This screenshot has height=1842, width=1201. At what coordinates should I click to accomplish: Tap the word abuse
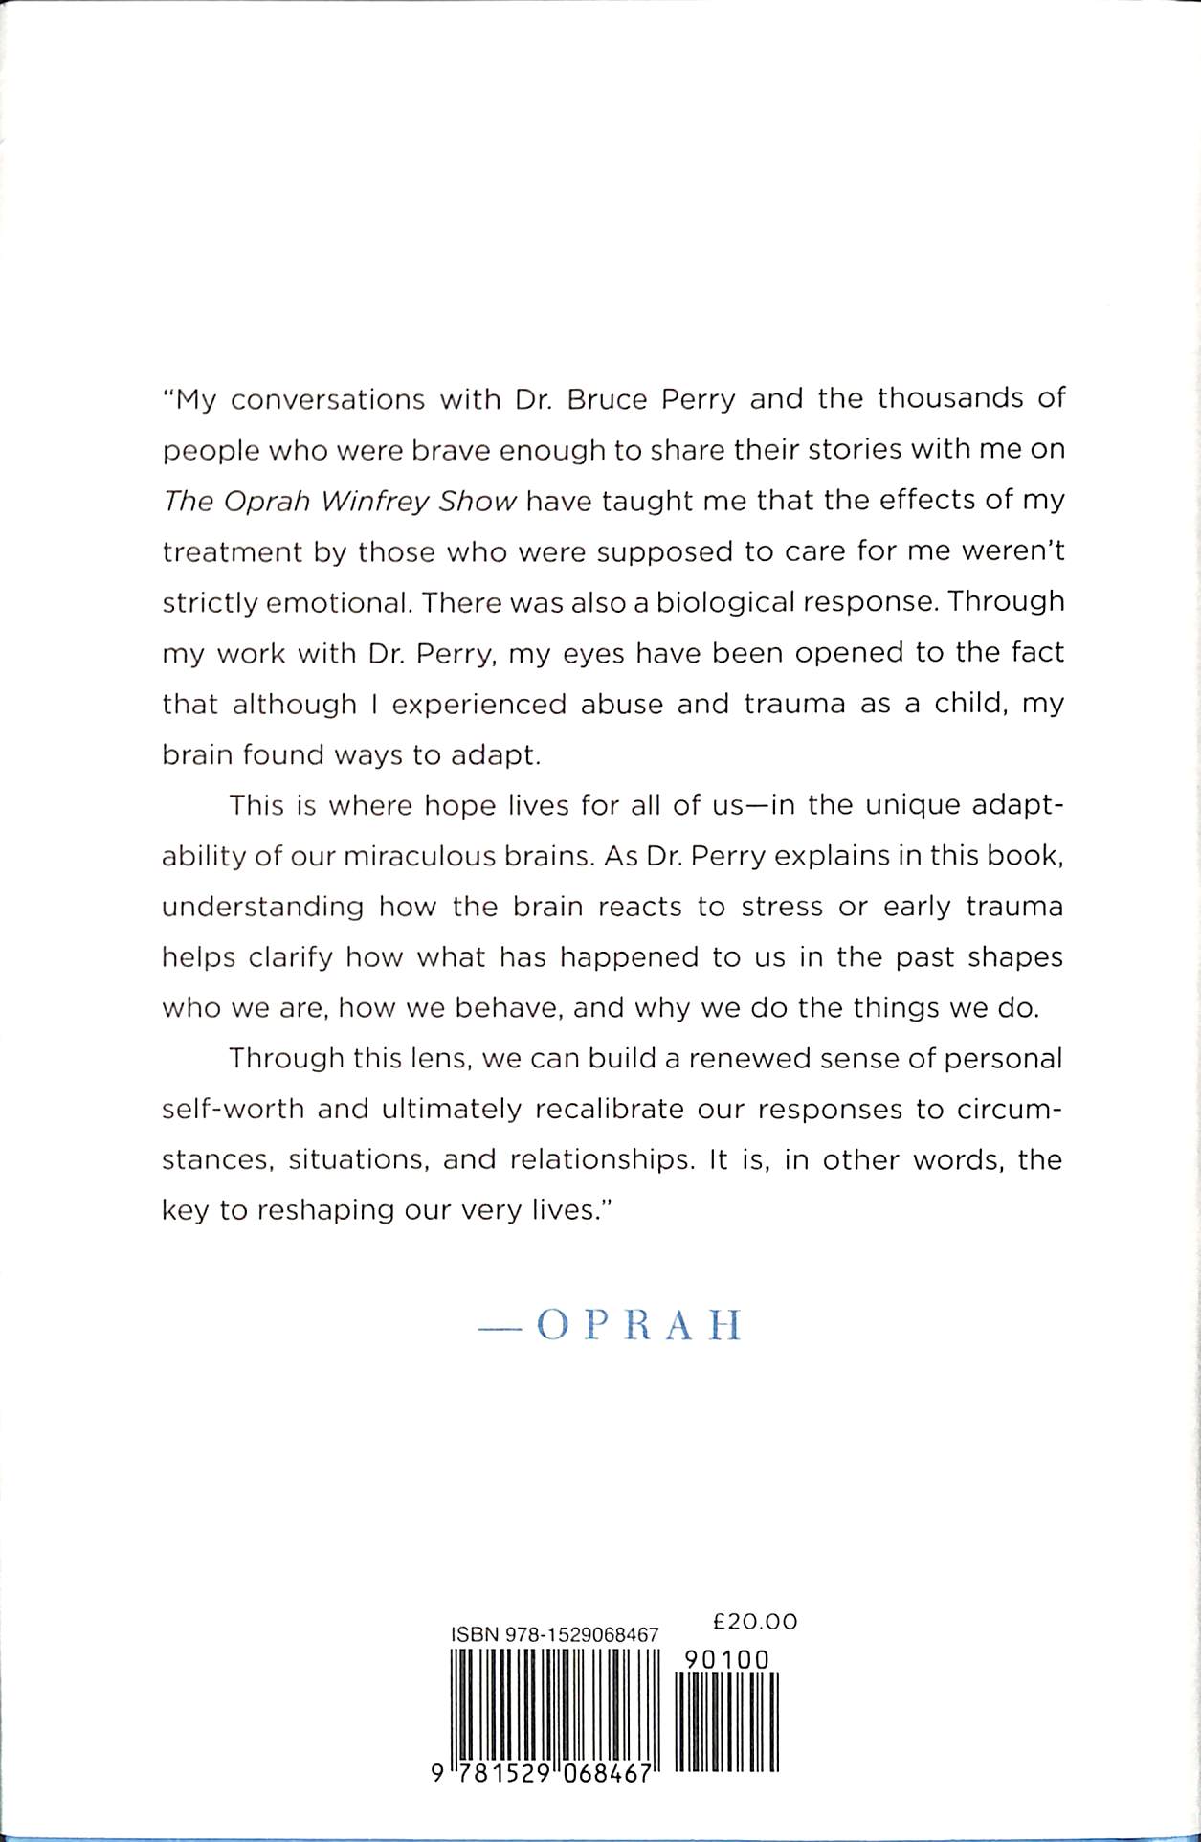(621, 704)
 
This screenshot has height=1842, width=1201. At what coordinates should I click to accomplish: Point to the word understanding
(263, 908)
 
